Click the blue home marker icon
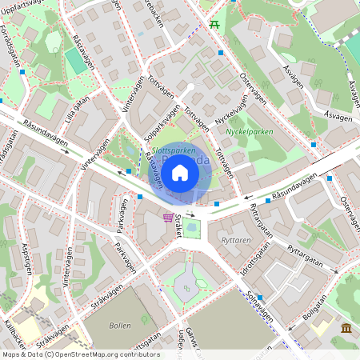[x=180, y=172]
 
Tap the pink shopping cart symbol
[x=167, y=217]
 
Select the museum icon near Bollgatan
[x=346, y=329]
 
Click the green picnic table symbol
[x=214, y=24]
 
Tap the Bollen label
[x=120, y=326]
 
